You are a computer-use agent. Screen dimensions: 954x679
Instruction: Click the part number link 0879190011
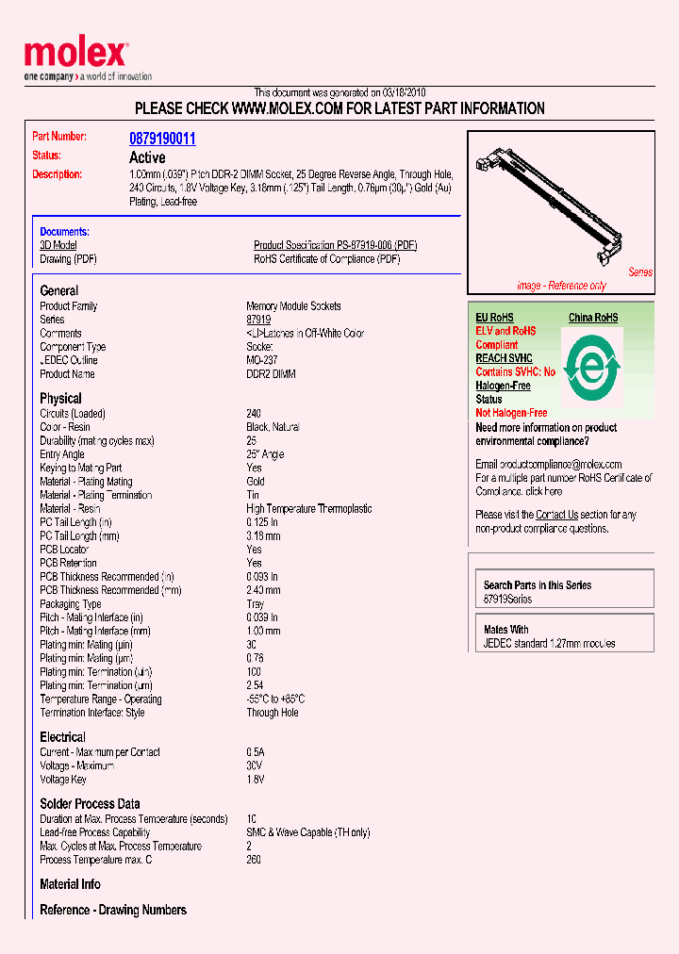click(162, 139)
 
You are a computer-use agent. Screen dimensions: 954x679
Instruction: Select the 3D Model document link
click(58, 245)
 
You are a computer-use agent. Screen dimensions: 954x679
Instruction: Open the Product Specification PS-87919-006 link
click(335, 245)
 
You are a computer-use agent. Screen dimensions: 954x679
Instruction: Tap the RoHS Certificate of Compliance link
click(326, 259)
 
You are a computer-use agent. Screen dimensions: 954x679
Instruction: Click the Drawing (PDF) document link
click(68, 259)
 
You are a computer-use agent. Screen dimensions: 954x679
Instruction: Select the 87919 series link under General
click(258, 320)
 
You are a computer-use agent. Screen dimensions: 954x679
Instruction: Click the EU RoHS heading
click(494, 318)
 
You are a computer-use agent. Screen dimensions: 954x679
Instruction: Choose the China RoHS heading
click(593, 318)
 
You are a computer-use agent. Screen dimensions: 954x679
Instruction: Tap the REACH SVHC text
click(504, 358)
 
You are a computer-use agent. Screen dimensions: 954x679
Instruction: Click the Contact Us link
click(556, 515)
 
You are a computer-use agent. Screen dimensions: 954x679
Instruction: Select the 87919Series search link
click(507, 600)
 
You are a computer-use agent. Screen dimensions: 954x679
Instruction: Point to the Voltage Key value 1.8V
click(256, 780)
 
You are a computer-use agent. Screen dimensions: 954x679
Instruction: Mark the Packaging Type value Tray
click(257, 604)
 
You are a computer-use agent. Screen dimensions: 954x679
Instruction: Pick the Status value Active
click(147, 157)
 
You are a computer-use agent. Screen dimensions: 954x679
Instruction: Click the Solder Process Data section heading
click(90, 804)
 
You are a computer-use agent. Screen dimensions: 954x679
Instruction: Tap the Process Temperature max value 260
click(254, 860)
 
